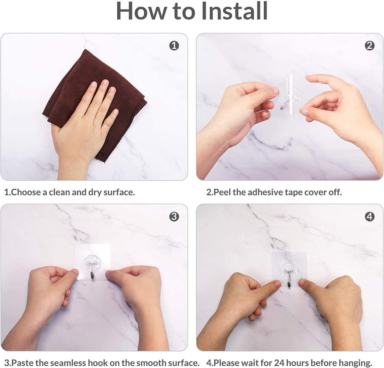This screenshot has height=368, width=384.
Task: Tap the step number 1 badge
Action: click(x=174, y=46)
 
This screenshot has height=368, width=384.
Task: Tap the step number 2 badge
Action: click(x=369, y=46)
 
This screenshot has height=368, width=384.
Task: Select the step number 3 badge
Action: click(x=174, y=217)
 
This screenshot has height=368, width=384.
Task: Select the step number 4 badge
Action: click(x=369, y=217)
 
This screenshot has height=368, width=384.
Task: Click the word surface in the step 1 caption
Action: click(x=118, y=193)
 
